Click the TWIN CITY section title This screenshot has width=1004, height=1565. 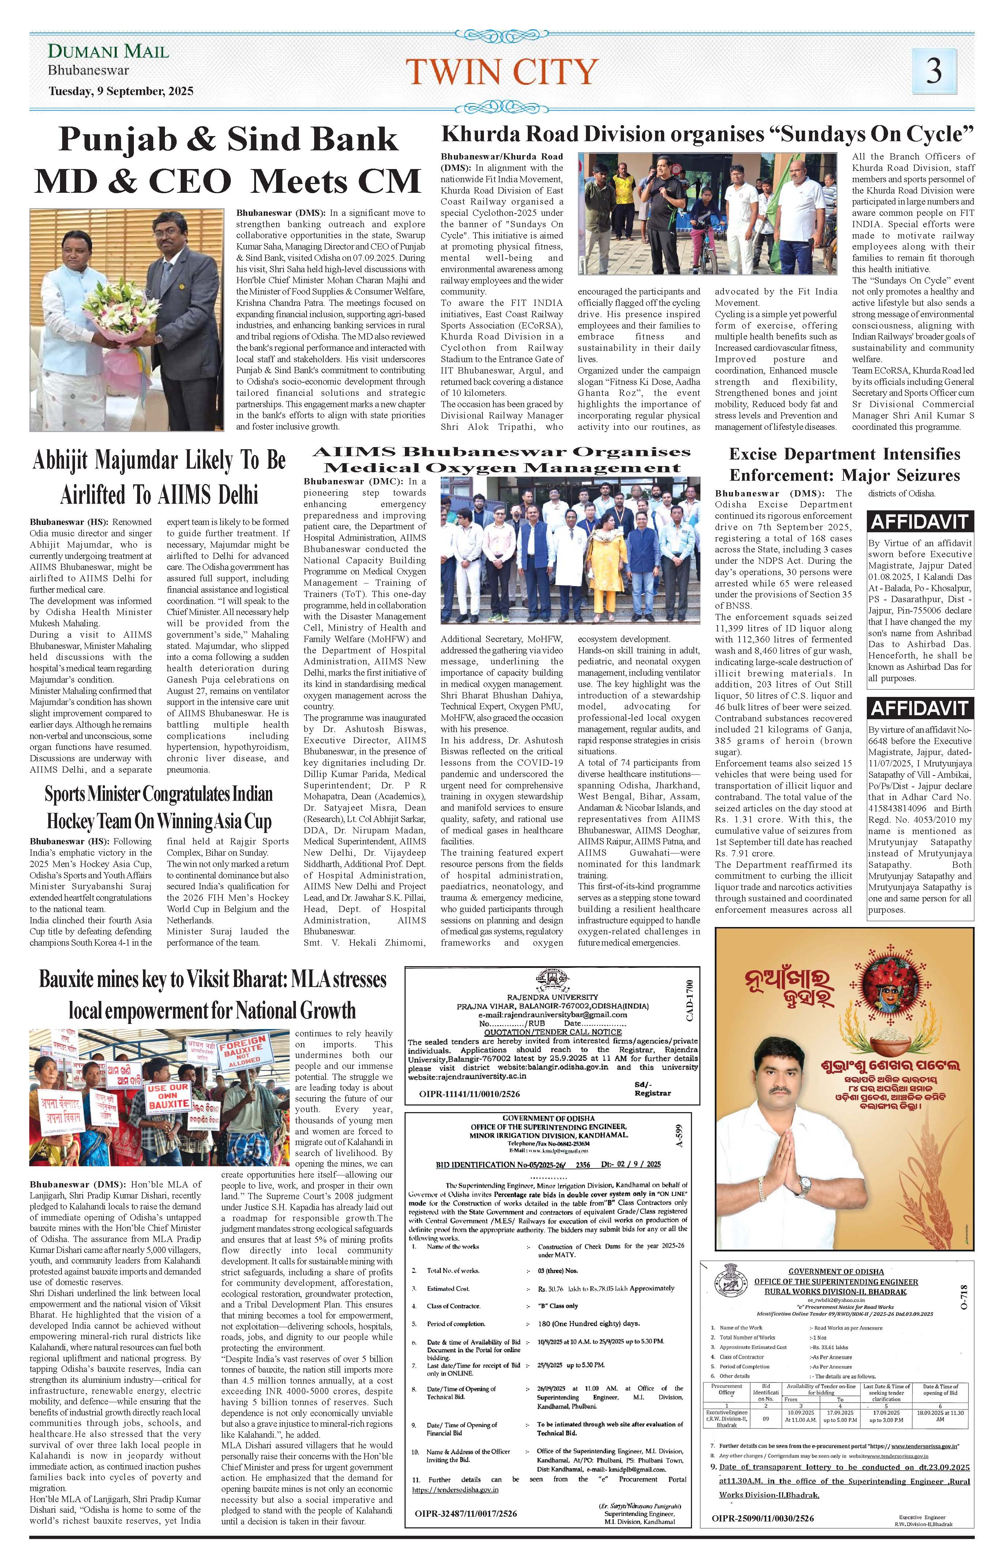pos(501,71)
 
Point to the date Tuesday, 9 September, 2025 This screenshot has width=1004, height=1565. pos(121,91)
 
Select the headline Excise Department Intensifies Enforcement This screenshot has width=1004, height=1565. pos(844,464)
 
